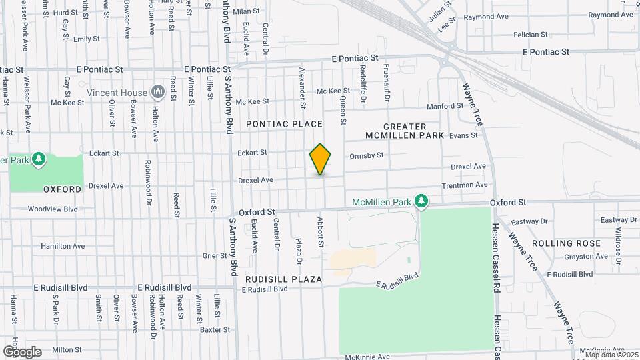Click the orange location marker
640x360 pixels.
[x=321, y=159]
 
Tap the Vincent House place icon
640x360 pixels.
[x=158, y=91]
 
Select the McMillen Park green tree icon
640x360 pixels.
[x=421, y=201]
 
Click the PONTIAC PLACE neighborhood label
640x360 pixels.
[x=284, y=124]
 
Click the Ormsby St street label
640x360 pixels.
[x=367, y=155]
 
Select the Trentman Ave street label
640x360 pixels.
[x=465, y=185]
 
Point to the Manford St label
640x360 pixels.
[x=445, y=106]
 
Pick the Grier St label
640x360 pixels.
[x=215, y=255]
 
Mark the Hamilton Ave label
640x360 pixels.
[x=63, y=246]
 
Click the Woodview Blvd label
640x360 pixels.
[x=53, y=209]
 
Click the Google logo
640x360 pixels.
[x=23, y=351]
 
